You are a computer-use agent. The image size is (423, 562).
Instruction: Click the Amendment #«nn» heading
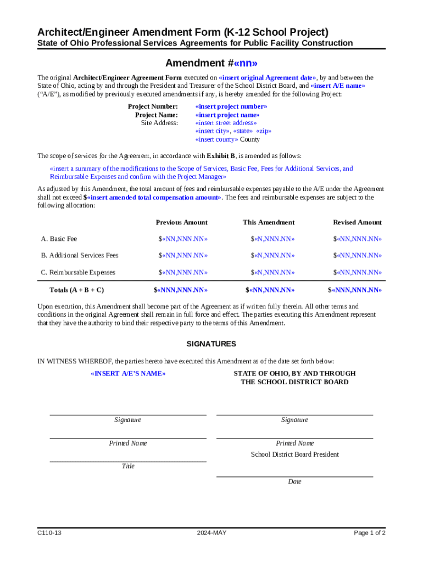[211, 63]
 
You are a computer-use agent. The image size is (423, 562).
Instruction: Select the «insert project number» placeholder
[231, 106]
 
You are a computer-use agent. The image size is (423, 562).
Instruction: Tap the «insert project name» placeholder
[227, 115]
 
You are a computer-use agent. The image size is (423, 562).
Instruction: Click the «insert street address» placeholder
[226, 123]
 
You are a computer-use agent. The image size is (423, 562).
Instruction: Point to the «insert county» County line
[227, 139]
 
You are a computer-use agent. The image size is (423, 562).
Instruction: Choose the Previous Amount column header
[181, 222]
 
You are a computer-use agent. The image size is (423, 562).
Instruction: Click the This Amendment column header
[269, 222]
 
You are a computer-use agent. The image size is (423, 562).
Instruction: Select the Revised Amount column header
[357, 222]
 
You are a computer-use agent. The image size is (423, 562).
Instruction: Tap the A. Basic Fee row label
[59, 239]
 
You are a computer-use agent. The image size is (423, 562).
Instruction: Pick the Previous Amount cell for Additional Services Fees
[183, 255]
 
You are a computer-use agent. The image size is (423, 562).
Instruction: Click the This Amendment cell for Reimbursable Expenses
[272, 272]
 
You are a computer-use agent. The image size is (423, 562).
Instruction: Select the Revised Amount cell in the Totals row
[354, 290]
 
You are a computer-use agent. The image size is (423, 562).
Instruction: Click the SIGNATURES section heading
[211, 344]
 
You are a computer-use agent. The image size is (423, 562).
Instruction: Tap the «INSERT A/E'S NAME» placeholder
[127, 374]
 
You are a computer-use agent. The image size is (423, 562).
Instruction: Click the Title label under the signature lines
[128, 467]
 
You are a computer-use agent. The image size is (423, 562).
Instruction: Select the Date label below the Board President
[294, 482]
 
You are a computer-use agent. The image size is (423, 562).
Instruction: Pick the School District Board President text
[294, 454]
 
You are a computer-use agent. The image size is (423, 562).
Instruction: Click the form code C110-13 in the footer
[49, 533]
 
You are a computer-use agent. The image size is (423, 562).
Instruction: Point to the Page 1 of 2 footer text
[369, 533]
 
